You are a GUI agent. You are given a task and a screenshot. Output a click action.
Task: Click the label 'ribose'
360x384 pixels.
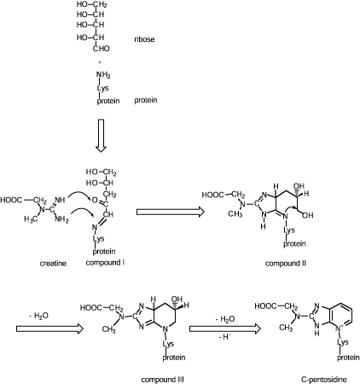coord(144,39)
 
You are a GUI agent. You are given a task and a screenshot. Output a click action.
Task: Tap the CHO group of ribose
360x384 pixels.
coord(102,49)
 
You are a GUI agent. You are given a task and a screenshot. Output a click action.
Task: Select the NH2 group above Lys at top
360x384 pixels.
coord(103,75)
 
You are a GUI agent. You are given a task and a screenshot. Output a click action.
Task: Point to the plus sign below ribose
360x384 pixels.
coord(100,61)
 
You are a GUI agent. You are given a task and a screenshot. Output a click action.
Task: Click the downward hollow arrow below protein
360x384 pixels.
coord(101,136)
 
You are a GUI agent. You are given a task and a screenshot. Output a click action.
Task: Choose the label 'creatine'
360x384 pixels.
coord(53,264)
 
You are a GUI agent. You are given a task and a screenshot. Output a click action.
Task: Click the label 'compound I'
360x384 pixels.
coord(105,263)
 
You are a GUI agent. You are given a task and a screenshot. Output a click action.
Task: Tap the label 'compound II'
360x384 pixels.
coord(286,264)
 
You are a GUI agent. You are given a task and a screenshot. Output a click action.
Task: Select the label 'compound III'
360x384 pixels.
coord(162,380)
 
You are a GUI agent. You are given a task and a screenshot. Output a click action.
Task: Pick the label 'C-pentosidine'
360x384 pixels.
coord(324,379)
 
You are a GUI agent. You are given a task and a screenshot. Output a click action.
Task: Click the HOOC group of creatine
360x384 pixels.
coord(11,200)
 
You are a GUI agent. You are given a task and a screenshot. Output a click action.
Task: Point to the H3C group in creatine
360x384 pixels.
coord(31,219)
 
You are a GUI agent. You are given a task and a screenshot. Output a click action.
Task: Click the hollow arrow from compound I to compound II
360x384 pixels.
coord(171,212)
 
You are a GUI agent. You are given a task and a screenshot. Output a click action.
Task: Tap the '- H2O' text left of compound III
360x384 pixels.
coord(38,316)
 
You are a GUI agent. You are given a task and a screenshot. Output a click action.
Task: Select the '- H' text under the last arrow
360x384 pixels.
coord(224,337)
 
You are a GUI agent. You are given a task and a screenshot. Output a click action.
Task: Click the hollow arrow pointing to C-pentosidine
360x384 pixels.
coord(225,329)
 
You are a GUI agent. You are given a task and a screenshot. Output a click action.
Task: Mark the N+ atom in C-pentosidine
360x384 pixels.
coord(338,329)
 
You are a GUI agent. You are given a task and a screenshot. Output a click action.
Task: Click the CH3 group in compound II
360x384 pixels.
coord(235,214)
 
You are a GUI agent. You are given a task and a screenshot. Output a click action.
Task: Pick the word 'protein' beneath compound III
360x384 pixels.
coord(174,358)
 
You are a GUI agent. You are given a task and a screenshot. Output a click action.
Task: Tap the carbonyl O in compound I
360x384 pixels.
coord(95,201)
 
